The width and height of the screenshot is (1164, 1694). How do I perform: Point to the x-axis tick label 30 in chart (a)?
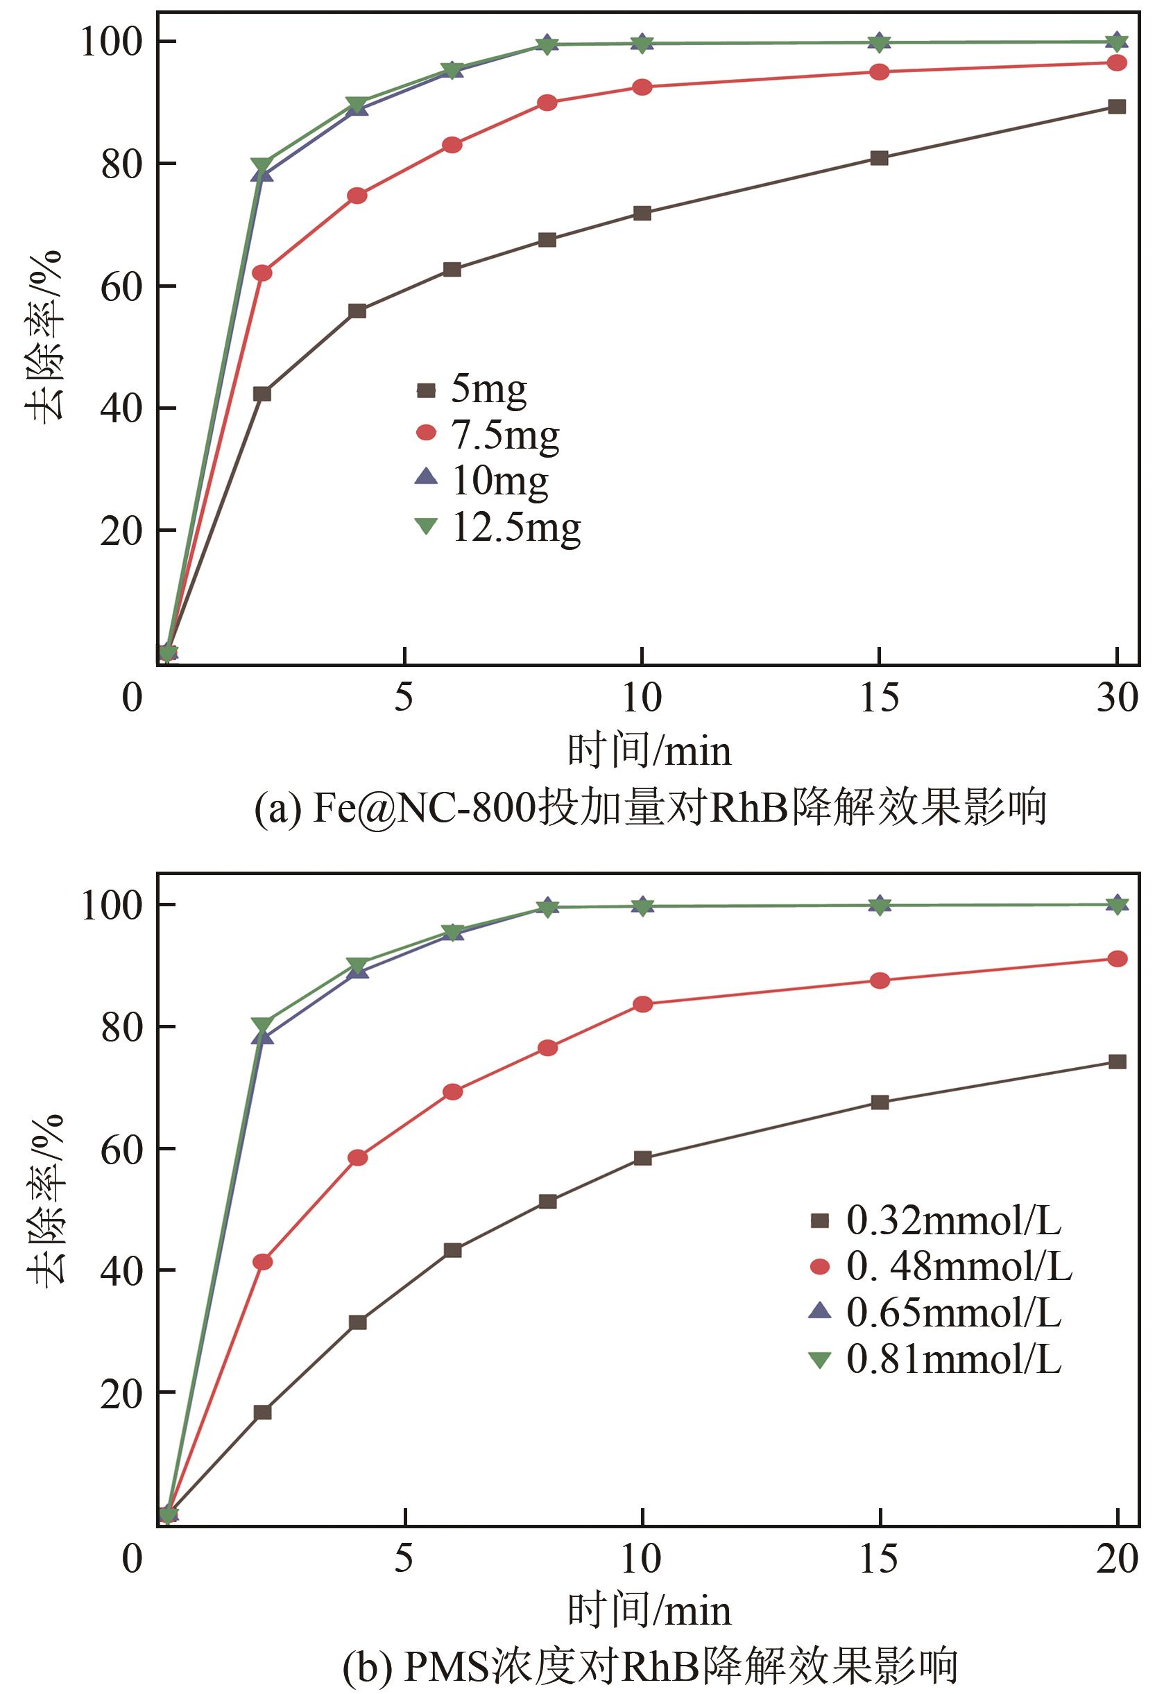tap(1117, 698)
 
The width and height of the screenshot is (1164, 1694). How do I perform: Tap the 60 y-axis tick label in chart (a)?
tap(120, 287)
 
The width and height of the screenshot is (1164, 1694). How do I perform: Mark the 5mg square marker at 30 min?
tap(1117, 106)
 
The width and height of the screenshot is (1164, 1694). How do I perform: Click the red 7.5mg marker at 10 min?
tap(642, 87)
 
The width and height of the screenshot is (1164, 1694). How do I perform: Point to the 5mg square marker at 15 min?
tap(880, 158)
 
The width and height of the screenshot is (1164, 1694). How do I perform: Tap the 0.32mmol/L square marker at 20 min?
tap(1117, 1062)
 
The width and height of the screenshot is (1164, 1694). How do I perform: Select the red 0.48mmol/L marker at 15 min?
tap(880, 980)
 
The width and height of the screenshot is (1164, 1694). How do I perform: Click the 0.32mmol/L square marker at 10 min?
tap(642, 1158)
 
